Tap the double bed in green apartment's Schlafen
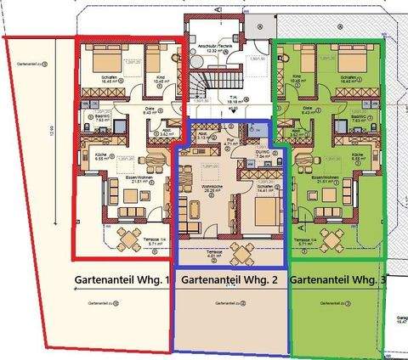click(354, 62)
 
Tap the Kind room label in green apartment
click(297, 77)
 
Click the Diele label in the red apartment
click(149, 110)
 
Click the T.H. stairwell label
click(232, 98)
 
